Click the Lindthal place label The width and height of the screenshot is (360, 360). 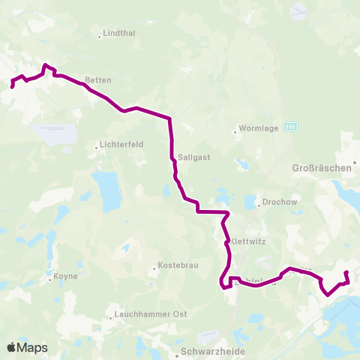[121, 34]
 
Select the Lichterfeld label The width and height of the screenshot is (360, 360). [120, 146]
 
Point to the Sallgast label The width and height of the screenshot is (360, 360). [193, 158]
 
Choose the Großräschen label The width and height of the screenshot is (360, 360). [321, 169]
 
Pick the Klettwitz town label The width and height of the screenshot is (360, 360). [248, 242]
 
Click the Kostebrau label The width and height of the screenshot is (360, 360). [177, 268]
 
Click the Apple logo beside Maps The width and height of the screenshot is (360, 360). [11, 347]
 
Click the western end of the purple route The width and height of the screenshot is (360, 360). [12, 87]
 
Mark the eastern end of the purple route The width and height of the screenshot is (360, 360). [346, 272]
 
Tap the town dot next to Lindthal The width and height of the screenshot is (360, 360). [100, 34]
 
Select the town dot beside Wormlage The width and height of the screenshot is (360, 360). [235, 133]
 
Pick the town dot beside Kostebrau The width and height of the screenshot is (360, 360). [154, 268]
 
